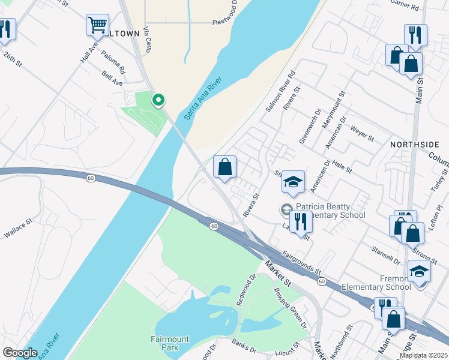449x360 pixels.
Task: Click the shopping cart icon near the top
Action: pos(97,25)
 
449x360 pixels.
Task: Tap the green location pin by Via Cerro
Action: pos(158,100)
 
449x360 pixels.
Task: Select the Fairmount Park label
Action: pos(170,343)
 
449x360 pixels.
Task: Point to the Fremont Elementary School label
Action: pos(376,283)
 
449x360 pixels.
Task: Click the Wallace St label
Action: pos(17,229)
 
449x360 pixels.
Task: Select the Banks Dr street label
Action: pos(244,346)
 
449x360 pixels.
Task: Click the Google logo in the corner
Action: pos(20,353)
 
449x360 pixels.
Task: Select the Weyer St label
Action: pos(363,133)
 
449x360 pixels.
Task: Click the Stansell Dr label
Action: pos(385,256)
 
